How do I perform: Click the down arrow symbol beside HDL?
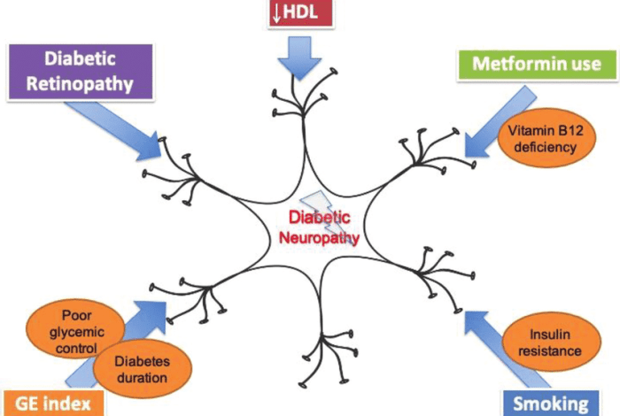click(x=276, y=12)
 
